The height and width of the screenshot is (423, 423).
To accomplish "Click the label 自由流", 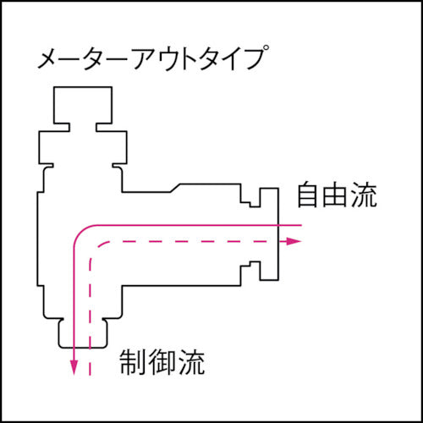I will click(x=336, y=196).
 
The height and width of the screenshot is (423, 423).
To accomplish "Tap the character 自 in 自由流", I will click(x=309, y=196).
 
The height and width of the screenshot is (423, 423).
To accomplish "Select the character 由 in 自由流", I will click(x=336, y=196).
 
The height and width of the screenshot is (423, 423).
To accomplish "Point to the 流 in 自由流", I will click(x=363, y=196).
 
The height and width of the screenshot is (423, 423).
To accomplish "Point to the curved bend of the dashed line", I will click(x=95, y=246).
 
